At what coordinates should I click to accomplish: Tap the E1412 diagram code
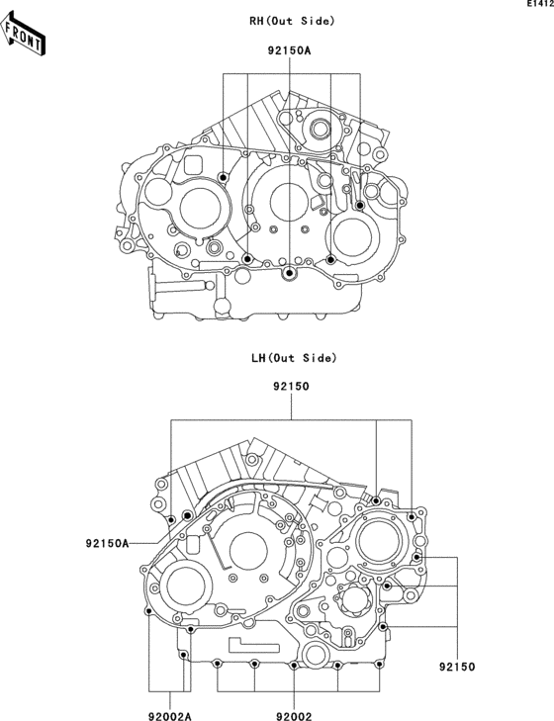[x=538, y=6]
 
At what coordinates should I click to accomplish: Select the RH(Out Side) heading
[x=292, y=21]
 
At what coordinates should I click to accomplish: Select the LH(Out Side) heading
[x=293, y=357]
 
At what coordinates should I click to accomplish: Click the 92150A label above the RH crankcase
[x=288, y=49]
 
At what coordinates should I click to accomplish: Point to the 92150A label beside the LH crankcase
[x=107, y=543]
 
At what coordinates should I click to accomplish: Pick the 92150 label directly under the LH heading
[x=292, y=388]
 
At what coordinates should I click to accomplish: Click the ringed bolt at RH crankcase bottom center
[x=288, y=272]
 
